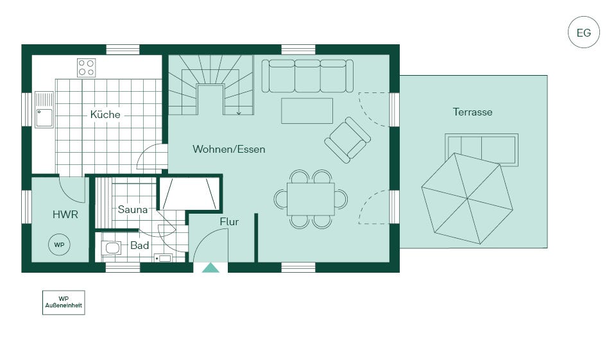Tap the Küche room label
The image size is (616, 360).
click(105, 114)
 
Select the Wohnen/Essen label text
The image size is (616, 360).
click(228, 150)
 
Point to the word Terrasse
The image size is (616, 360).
click(472, 112)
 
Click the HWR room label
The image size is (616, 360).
click(65, 214)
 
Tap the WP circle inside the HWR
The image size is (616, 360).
click(59, 245)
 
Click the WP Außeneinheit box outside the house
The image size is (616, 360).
click(64, 302)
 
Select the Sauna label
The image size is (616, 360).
click(132, 209)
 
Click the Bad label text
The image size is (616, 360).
click(139, 246)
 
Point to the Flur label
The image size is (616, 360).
click(229, 221)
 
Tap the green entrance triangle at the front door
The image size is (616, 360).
click(210, 268)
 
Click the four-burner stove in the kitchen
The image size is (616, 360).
click(87, 67)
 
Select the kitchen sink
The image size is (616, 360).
click(44, 110)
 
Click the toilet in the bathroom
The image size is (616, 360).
click(111, 248)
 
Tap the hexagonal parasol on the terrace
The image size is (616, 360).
click(467, 198)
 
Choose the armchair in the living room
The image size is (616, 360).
click(347, 140)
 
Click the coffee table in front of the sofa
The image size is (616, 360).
click(307, 111)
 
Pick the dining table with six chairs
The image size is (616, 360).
click(311, 200)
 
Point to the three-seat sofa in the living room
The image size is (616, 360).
click(307, 76)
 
